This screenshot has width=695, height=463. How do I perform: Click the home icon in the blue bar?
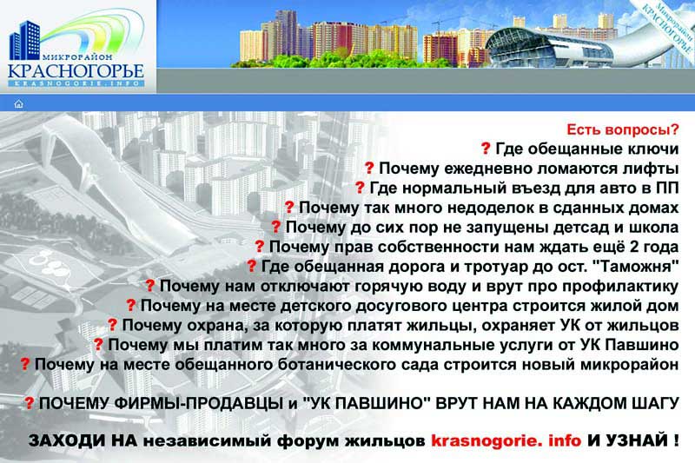pyautogui.click(x=18, y=103)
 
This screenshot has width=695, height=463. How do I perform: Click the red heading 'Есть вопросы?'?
pyautogui.click(x=623, y=129)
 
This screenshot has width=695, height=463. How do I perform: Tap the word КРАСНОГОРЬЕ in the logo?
pyautogui.click(x=76, y=71)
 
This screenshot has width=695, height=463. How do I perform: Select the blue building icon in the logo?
pyautogui.click(x=25, y=40)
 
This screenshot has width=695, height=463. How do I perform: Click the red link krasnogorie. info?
pyautogui.click(x=506, y=440)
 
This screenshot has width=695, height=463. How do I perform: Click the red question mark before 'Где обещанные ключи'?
pyautogui.click(x=486, y=149)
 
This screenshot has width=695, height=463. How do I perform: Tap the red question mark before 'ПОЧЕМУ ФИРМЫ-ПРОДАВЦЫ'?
pyautogui.click(x=29, y=403)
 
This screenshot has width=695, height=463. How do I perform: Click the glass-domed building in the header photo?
pyautogui.click(x=550, y=47)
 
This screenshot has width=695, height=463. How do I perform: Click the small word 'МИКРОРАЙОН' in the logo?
pyautogui.click(x=77, y=57)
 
